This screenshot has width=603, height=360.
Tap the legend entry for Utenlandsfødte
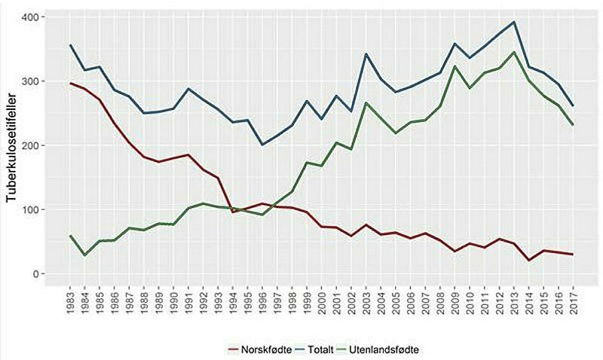point(390,349)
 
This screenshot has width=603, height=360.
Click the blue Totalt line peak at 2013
point(514,22)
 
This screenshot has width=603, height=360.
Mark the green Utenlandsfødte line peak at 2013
point(514,52)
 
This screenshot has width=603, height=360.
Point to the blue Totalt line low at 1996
point(263,145)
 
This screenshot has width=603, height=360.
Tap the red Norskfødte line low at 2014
point(528,261)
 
